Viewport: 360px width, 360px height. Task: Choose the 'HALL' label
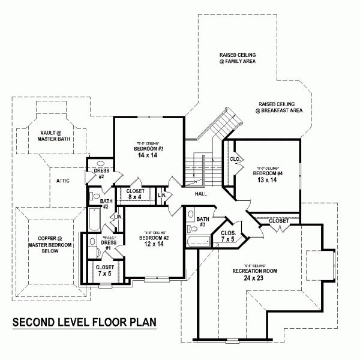point(201,194)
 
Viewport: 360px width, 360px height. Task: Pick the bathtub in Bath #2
point(93,220)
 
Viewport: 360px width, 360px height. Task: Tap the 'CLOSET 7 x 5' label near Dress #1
point(104,271)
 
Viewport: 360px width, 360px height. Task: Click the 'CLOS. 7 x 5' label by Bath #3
point(227,235)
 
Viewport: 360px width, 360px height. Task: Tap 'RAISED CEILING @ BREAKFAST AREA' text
point(278,107)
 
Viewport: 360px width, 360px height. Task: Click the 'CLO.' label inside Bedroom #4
point(235,160)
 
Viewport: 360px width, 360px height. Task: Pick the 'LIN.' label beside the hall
point(161,195)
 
